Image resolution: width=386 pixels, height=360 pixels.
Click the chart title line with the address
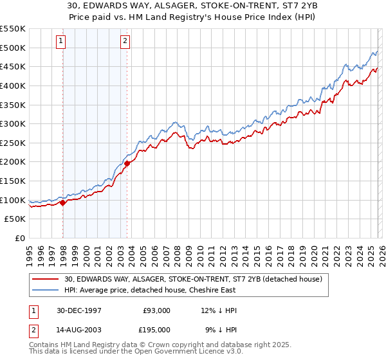pos(193,6)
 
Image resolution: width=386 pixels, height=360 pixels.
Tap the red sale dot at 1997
pos(63,203)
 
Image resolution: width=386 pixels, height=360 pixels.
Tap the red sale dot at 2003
pos(127,163)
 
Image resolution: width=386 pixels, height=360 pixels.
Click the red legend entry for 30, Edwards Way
pos(197,278)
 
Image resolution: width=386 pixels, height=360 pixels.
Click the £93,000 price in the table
pos(157,310)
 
